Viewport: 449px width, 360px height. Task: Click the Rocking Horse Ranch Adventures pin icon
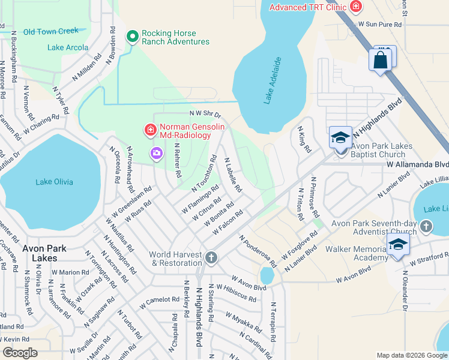133,37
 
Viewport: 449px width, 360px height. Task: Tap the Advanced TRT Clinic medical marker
356,7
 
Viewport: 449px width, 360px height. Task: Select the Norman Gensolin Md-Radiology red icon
149,130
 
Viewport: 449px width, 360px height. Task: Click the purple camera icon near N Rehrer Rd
157,154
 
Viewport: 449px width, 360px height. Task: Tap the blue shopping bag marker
381,61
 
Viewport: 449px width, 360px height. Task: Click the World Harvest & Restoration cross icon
211,258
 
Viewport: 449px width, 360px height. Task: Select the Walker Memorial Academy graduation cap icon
397,245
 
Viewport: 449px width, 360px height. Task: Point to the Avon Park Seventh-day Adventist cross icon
426,226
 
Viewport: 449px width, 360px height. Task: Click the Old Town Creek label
50,31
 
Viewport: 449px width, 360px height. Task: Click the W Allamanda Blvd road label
417,164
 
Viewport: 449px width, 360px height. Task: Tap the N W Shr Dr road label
205,113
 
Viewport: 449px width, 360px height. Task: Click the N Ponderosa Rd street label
257,251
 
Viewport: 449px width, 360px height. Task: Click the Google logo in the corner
20,353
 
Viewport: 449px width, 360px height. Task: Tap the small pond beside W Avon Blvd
267,275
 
